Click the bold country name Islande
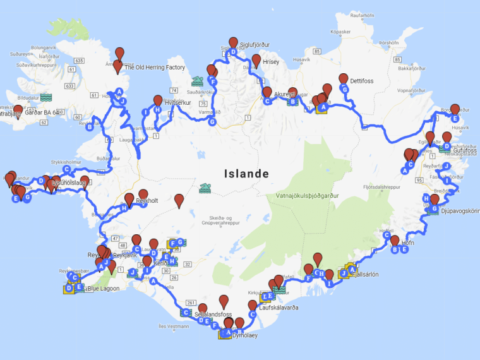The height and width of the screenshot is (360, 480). click(246, 174)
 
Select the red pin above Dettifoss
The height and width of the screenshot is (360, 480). click(344, 79)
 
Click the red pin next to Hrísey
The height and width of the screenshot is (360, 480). click(256, 61)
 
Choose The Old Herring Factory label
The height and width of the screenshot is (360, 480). click(155, 68)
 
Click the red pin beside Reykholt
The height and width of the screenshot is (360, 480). click(143, 195)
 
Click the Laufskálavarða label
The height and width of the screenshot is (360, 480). click(279, 308)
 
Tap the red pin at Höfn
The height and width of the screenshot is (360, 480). click(395, 240)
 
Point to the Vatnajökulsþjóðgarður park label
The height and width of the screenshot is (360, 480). click(307, 196)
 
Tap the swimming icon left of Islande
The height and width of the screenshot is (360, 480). click(205, 188)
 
